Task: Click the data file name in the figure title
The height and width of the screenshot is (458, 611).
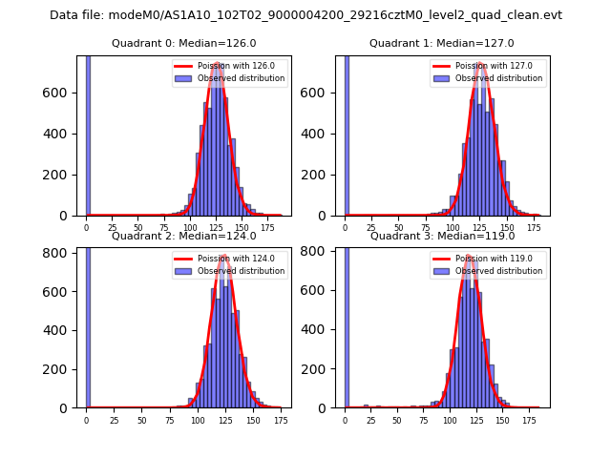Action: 305,15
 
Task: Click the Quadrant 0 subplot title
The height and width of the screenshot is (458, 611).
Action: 184,43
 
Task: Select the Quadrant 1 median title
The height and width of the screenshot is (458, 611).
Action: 442,43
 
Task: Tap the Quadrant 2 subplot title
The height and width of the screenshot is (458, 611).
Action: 184,236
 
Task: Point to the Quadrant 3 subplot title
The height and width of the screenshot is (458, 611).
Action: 442,236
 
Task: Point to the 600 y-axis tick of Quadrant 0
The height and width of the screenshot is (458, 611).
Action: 64,93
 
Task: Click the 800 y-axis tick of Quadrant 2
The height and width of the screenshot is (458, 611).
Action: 64,252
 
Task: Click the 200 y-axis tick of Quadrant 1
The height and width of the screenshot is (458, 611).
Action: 323,175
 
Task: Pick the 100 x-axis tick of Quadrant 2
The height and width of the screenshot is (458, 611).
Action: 198,420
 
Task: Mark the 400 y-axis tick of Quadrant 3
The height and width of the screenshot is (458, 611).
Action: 323,330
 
